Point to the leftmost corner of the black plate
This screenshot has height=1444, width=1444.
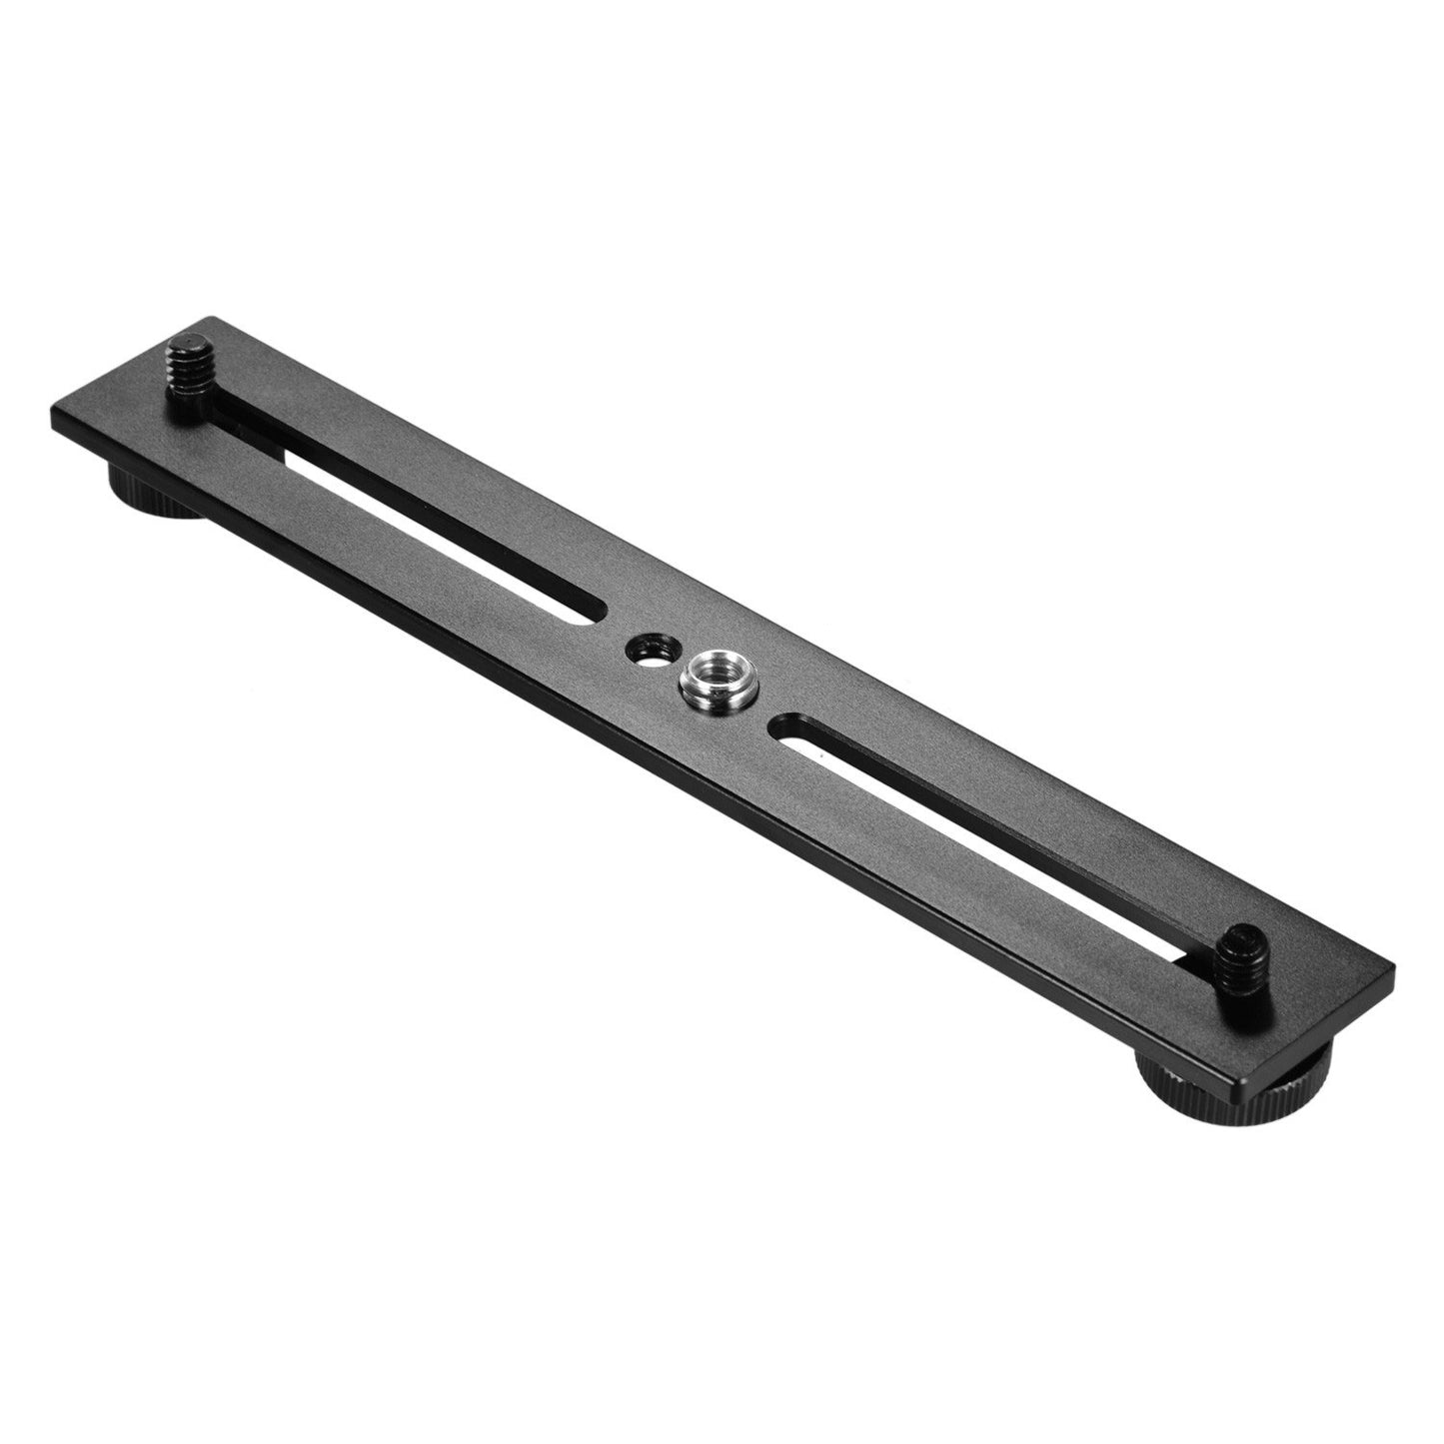pyautogui.click(x=50, y=408)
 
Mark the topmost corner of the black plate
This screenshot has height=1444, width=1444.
pyautogui.click(x=208, y=321)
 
